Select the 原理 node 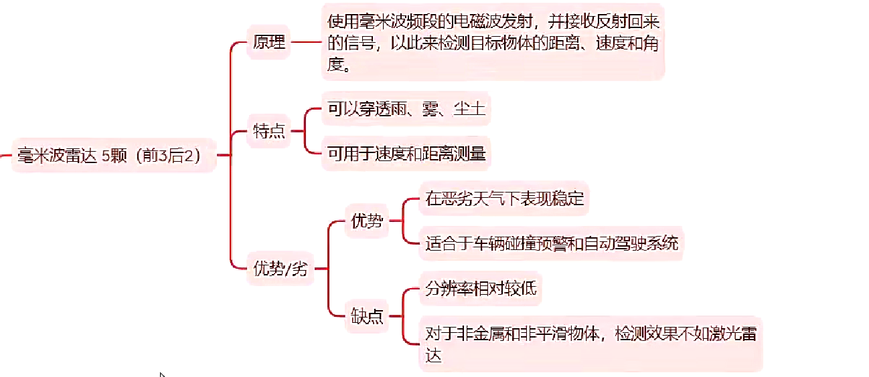[268, 43]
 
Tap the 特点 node [268, 132]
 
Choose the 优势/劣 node [281, 269]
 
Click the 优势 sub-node [367, 221]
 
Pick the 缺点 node [367, 316]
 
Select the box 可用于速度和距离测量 [406, 154]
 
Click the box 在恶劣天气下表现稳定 [504, 198]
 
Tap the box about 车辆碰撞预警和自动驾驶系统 [551, 242]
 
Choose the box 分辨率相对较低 [481, 289]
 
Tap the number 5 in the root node [106, 156]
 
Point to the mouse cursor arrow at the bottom [162, 374]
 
